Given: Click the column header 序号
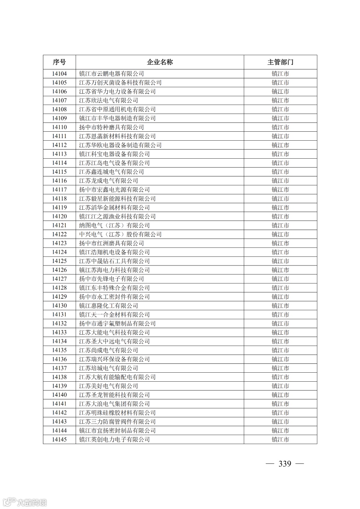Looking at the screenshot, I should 59,62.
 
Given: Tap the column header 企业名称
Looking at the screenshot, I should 160,62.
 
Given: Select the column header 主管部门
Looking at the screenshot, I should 280,62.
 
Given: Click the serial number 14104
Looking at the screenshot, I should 59,74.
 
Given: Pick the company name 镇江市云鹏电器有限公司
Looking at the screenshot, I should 111,74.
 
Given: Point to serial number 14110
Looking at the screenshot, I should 59,127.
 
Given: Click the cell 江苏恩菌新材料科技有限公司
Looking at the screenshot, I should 117,136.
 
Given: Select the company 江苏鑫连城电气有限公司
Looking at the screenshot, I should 111,172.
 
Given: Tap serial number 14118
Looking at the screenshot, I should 59,199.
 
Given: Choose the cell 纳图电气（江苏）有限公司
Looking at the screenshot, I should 114,225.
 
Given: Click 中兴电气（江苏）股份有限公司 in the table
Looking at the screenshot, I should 120,234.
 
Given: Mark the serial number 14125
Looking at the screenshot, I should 59,261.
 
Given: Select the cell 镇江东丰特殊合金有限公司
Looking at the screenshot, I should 114,288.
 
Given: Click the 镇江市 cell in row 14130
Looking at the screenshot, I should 280,306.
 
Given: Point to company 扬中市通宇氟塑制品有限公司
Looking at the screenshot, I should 117,324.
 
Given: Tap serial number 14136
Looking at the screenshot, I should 59,359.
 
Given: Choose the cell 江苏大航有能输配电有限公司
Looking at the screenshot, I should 117,377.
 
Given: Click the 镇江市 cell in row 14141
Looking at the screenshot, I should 280,404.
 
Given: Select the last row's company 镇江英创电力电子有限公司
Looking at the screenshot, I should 114,440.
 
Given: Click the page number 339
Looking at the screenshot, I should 285,464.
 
